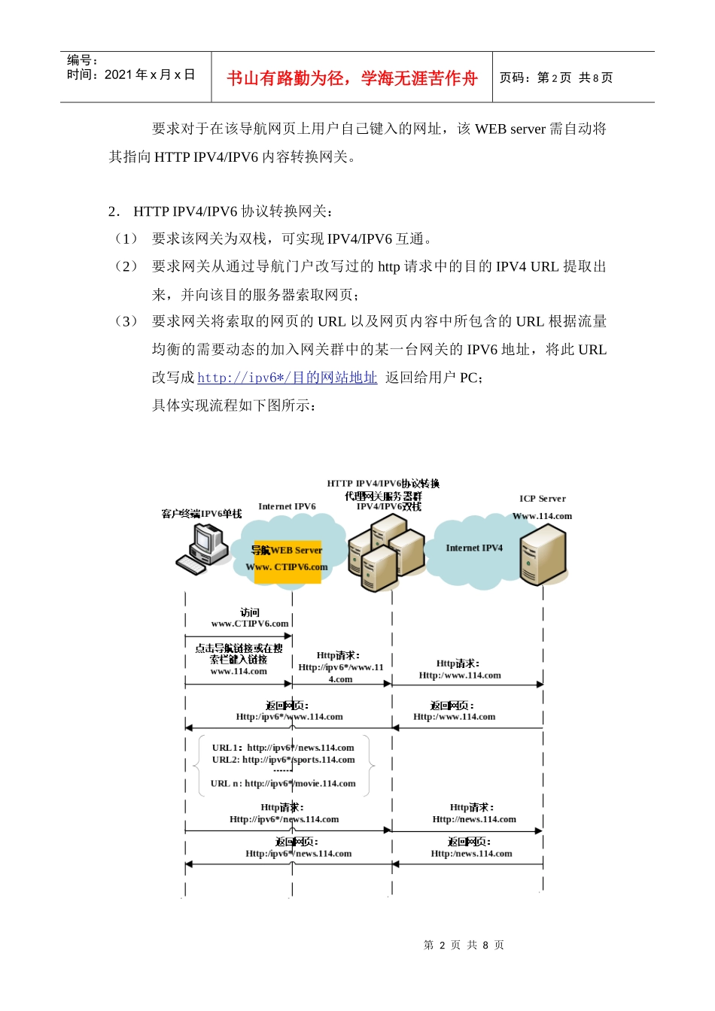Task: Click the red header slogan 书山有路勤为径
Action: click(351, 78)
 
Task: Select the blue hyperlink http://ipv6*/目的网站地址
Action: click(287, 378)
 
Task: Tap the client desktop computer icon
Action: click(203, 549)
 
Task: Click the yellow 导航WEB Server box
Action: click(288, 559)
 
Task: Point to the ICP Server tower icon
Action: click(543, 554)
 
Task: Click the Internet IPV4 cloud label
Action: click(473, 548)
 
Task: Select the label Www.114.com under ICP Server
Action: click(542, 516)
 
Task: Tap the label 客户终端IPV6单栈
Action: click(201, 514)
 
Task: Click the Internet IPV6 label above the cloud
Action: click(287, 506)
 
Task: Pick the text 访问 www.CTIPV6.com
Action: click(249, 618)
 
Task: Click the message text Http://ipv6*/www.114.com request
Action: click(340, 667)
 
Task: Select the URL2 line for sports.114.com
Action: click(283, 760)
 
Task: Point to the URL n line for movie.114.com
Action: click(283, 784)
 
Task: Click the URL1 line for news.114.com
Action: click(283, 748)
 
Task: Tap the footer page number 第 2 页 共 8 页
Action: click(464, 945)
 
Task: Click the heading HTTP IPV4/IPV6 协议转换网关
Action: click(233, 211)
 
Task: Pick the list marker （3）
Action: click(126, 321)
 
